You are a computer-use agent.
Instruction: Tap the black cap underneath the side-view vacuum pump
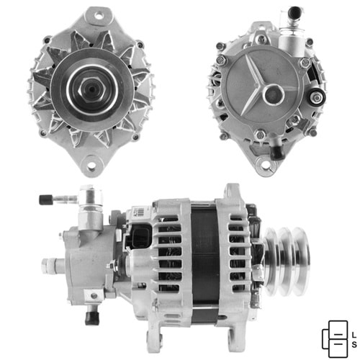coord(91,316)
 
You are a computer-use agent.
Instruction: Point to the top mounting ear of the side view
coord(233,193)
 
